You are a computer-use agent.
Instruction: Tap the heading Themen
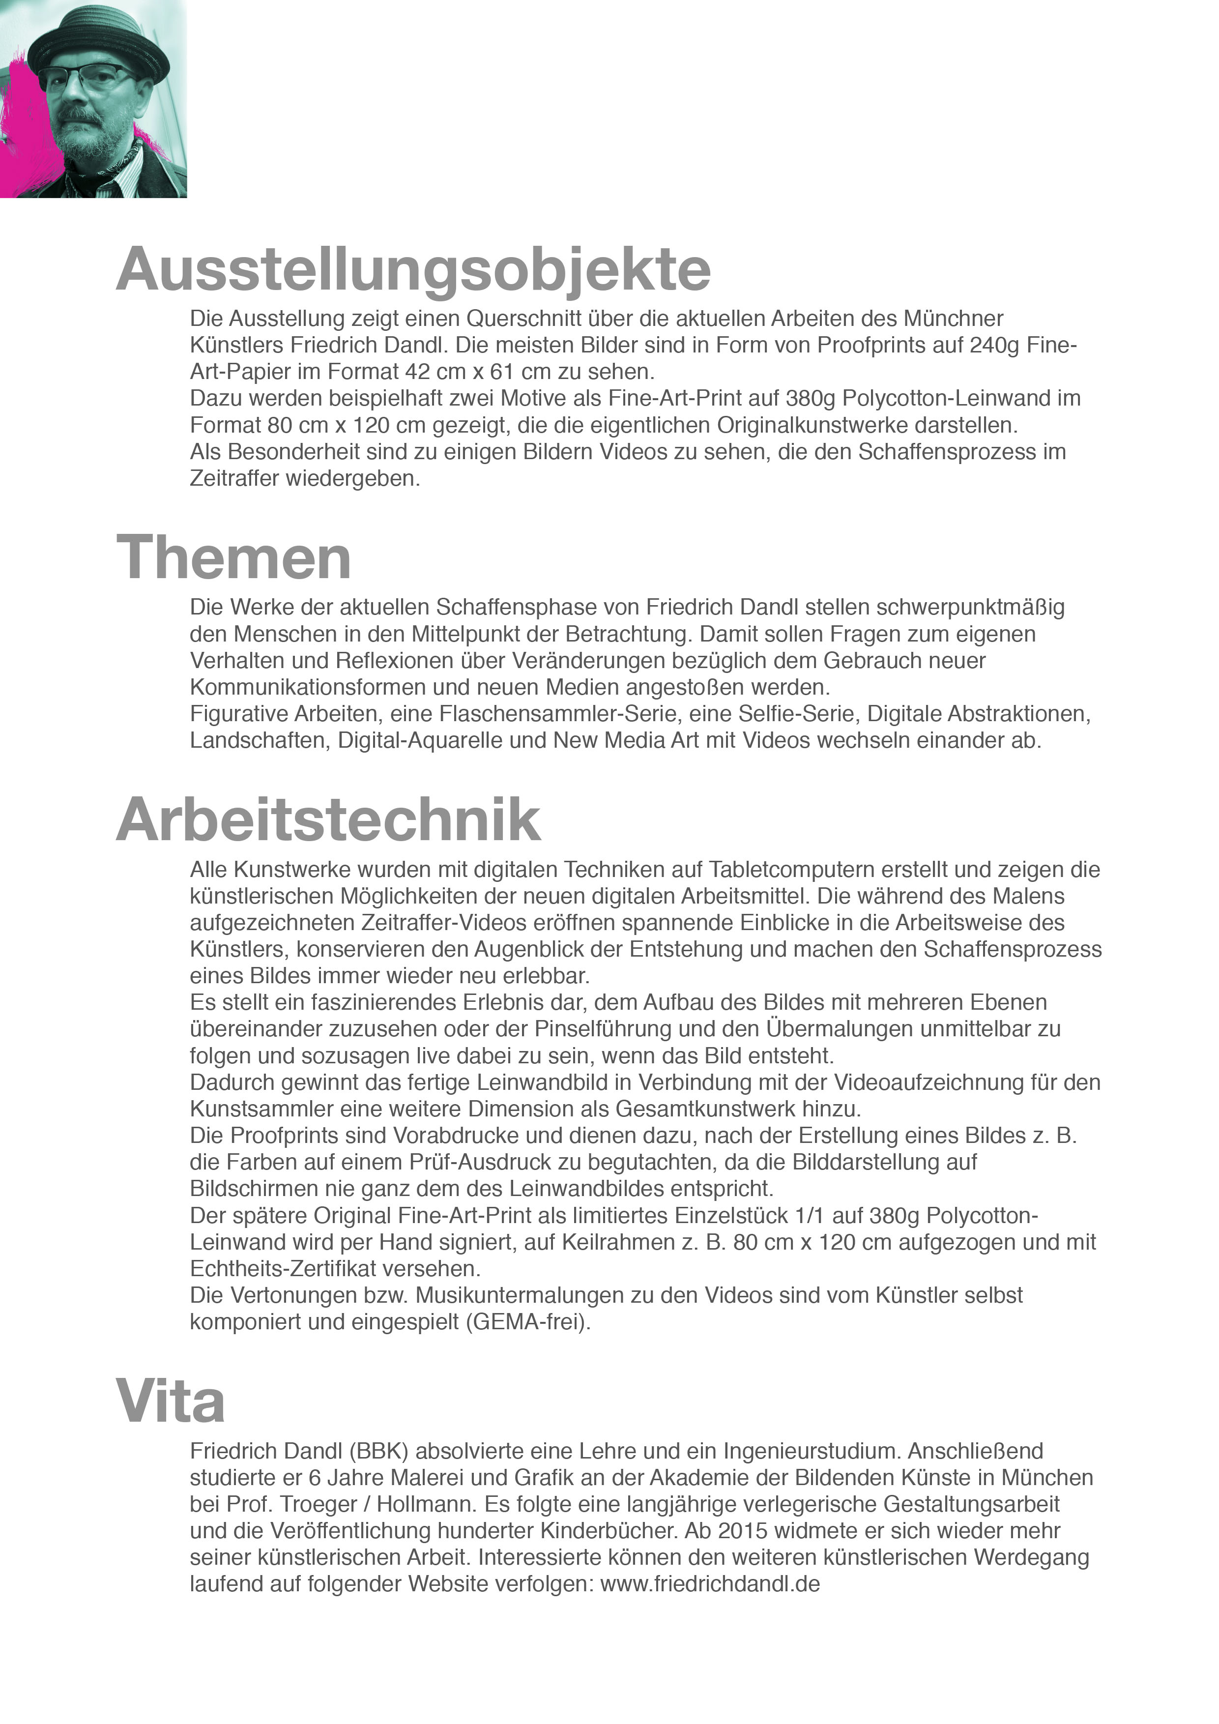tap(233, 558)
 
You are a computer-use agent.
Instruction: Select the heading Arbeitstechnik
tap(328, 820)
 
